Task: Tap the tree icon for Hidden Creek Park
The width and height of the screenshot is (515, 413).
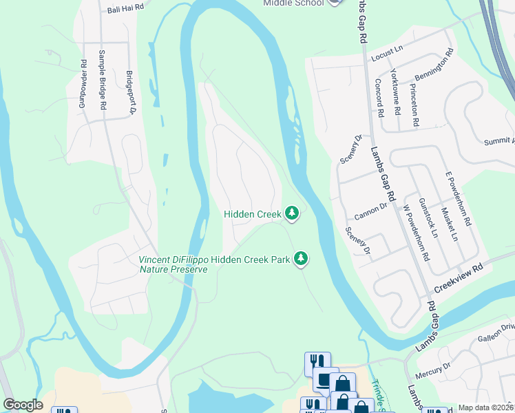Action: (300, 260)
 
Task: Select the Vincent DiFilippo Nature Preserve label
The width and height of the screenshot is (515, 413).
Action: (173, 264)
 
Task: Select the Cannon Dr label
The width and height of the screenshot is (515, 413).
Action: (372, 208)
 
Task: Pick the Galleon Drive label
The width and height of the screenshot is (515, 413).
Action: (496, 331)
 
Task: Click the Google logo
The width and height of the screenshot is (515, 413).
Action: (23, 405)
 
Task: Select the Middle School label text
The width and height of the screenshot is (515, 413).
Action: (293, 3)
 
